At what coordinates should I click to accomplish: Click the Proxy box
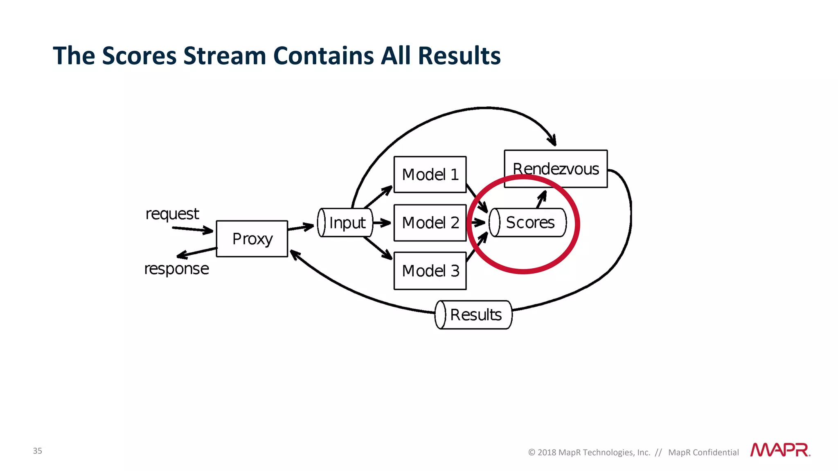pos(252,239)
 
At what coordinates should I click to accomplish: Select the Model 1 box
pos(430,175)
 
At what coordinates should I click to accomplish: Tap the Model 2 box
pos(430,223)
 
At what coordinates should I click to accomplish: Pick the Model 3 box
pos(430,271)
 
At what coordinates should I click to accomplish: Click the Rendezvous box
pos(555,168)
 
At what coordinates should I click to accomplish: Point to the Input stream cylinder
pos(345,223)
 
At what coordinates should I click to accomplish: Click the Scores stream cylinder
pos(528,223)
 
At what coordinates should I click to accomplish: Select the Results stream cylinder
pos(473,315)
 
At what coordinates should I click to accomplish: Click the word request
pos(172,214)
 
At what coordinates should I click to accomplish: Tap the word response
pos(176,269)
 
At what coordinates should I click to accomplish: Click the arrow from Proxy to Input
pos(301,227)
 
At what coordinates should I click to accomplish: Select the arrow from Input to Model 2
pos(382,223)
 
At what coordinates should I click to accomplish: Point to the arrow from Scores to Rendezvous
pos(541,199)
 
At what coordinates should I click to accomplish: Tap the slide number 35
pos(37,451)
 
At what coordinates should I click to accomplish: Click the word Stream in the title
pos(225,56)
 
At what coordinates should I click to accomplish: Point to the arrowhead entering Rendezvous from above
pos(552,140)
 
